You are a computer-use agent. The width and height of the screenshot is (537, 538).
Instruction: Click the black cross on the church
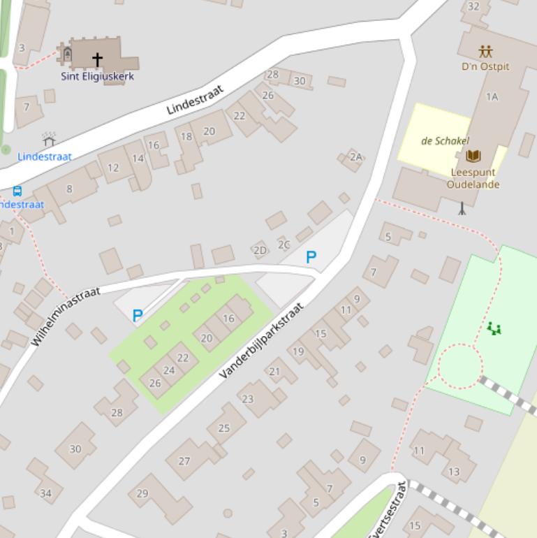[97, 59]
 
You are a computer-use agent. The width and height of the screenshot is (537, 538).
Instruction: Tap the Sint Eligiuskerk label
[97, 76]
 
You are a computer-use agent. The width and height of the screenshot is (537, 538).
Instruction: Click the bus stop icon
[17, 191]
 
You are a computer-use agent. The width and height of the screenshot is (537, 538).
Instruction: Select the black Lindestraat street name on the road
[195, 101]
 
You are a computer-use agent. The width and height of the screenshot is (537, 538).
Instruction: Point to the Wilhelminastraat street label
[66, 316]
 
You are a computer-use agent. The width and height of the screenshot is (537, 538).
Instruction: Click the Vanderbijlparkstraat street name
[261, 341]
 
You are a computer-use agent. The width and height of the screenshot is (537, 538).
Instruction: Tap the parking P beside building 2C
[311, 257]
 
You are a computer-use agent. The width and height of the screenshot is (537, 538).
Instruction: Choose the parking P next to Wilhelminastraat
[138, 316]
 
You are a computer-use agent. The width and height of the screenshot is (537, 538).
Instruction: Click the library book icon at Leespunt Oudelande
[473, 156]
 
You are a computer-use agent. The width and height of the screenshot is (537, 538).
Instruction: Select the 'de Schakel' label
[445, 140]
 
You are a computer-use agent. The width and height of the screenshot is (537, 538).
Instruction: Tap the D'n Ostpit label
[485, 66]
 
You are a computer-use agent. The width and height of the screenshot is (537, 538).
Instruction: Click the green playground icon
[494, 328]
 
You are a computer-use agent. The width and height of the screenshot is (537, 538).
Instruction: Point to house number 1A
[492, 97]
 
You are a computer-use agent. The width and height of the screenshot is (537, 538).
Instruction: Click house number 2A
[356, 157]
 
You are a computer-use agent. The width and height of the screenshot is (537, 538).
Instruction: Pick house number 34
[45, 493]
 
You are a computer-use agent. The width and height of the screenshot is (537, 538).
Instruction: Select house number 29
[142, 493]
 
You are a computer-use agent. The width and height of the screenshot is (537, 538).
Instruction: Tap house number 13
[454, 472]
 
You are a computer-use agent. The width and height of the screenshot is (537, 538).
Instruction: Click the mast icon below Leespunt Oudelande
[462, 208]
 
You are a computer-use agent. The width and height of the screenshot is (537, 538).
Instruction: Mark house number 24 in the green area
[169, 370]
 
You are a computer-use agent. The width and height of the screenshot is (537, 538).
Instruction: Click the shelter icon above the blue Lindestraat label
[49, 139]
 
